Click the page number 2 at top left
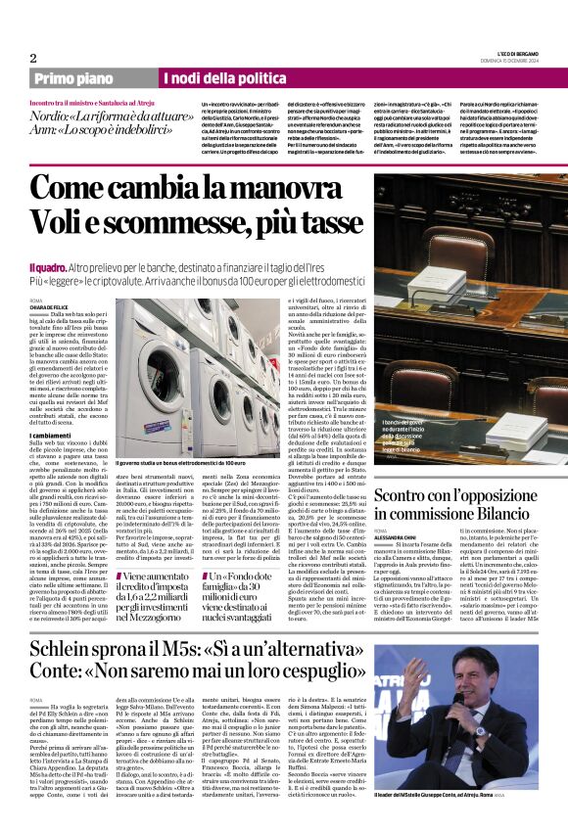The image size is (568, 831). coord(32,58)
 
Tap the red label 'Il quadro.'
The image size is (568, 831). coord(46,240)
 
